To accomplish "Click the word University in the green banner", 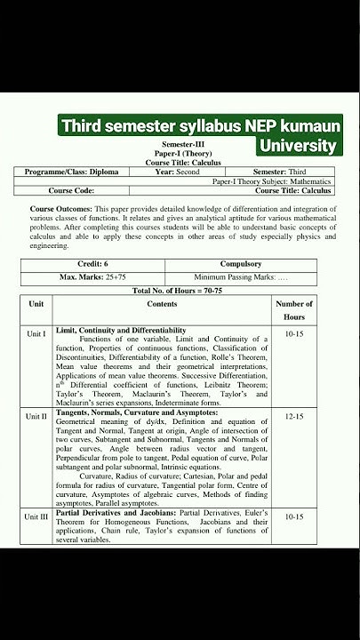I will tap(298, 145).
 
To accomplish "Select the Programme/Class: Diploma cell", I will tap(71, 172).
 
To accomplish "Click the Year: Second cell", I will tap(177, 172).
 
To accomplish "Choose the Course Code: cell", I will tap(71, 190).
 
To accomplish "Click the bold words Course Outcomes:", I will tap(58, 208).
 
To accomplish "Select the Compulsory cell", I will tap(240, 264).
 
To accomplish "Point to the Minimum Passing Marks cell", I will tap(240, 277).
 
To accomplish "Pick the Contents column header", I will tap(162, 304).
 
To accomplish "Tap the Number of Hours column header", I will tap(294, 310).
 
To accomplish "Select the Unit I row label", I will tap(36, 334).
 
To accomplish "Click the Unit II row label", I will tap(36, 416).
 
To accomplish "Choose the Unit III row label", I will tap(36, 516).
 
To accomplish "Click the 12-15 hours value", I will tap(294, 416).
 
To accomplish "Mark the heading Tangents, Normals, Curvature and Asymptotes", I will tap(136, 412).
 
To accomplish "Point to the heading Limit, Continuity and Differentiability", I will tap(121, 330).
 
